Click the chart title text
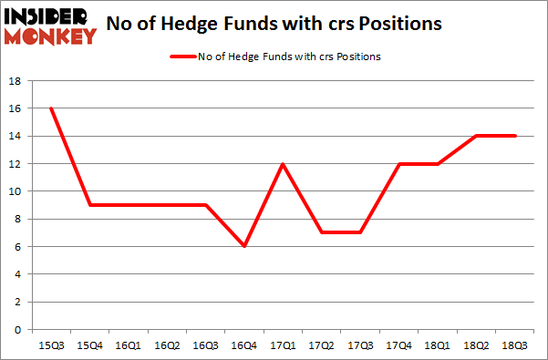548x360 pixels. click(274, 25)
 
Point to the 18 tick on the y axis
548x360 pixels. click(16, 81)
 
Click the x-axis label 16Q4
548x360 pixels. click(245, 346)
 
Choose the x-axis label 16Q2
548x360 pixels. click(167, 346)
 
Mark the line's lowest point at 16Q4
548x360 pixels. click(245, 246)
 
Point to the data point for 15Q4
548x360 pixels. click(88, 205)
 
